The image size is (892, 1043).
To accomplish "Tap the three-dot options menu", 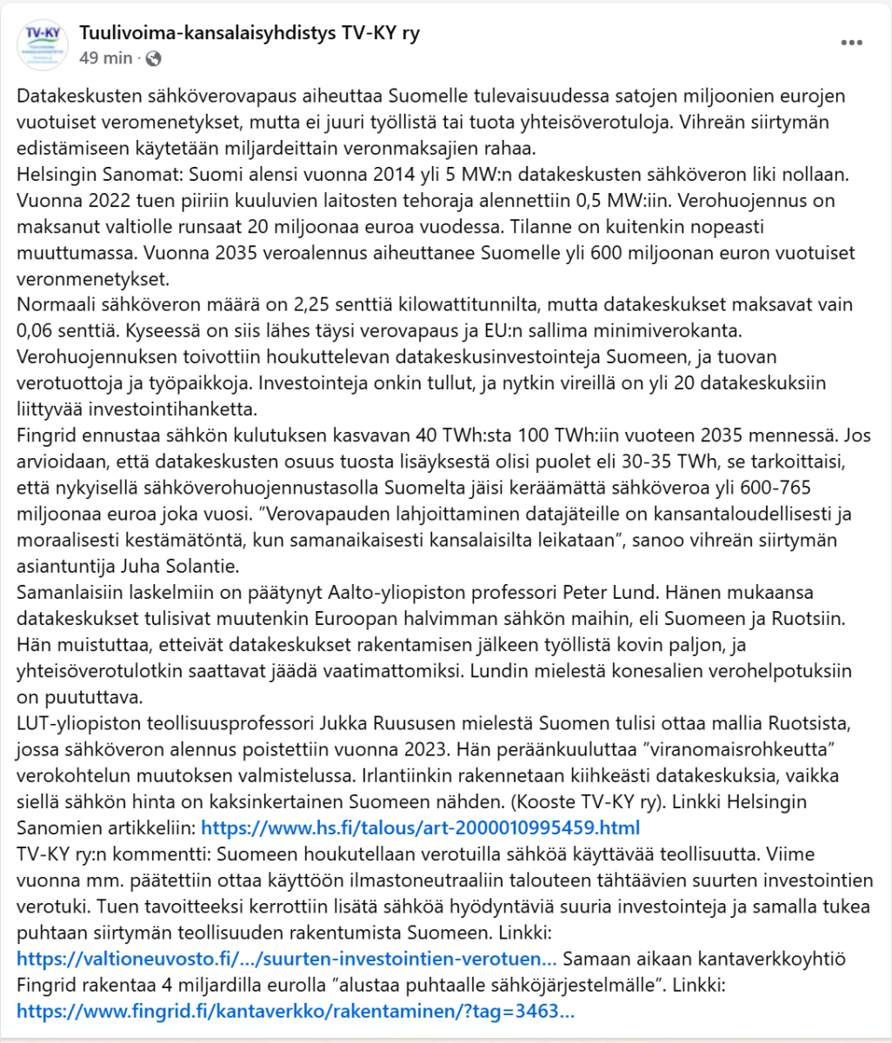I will pyautogui.click(x=852, y=43).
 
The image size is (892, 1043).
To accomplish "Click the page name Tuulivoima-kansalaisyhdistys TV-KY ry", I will pyautogui.click(x=250, y=34).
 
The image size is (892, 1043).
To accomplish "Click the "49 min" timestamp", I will pyautogui.click(x=106, y=58).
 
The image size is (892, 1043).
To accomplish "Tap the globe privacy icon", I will pyautogui.click(x=154, y=58).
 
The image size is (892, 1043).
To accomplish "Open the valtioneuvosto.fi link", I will pyautogui.click(x=287, y=959).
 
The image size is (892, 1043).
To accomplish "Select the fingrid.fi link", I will pyautogui.click(x=296, y=1011).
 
